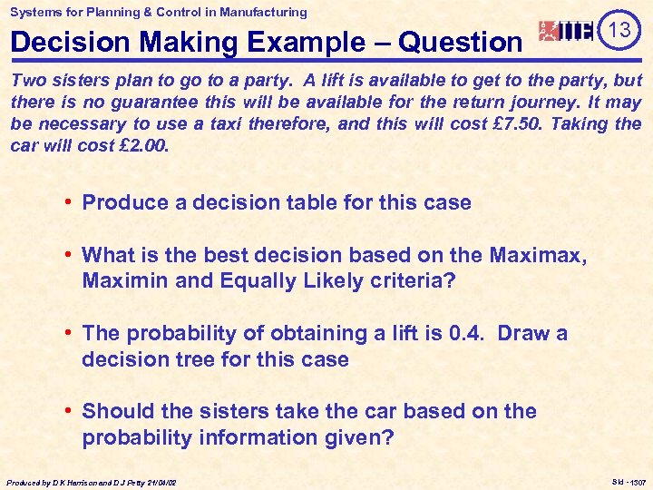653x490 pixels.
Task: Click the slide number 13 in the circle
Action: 619,30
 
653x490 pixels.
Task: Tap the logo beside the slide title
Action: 566,32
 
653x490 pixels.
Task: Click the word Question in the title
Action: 462,42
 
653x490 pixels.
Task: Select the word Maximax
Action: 538,256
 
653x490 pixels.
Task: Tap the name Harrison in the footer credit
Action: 83,482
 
